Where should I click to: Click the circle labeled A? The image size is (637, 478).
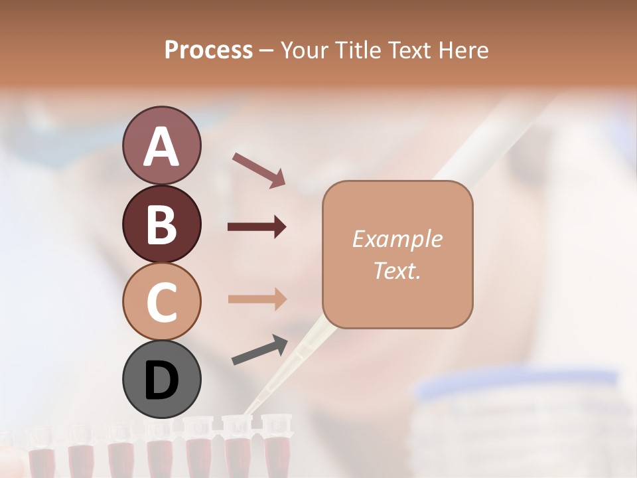pyautogui.click(x=161, y=146)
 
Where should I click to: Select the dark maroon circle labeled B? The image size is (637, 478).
pyautogui.click(x=161, y=224)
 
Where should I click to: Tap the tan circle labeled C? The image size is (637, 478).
pyautogui.click(x=161, y=301)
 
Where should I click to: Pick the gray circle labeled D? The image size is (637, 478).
pyautogui.click(x=161, y=379)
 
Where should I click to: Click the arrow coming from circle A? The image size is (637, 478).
pyautogui.click(x=259, y=169)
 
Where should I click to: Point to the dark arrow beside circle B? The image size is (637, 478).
pyautogui.click(x=257, y=227)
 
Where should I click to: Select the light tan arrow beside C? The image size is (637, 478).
pyautogui.click(x=257, y=299)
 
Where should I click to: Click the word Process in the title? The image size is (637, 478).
pyautogui.click(x=208, y=50)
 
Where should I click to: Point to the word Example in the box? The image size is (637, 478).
pyautogui.click(x=397, y=239)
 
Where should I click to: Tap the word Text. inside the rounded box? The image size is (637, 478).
pyautogui.click(x=397, y=270)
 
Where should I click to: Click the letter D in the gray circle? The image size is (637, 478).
pyautogui.click(x=161, y=381)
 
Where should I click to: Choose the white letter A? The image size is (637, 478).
pyautogui.click(x=161, y=147)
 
